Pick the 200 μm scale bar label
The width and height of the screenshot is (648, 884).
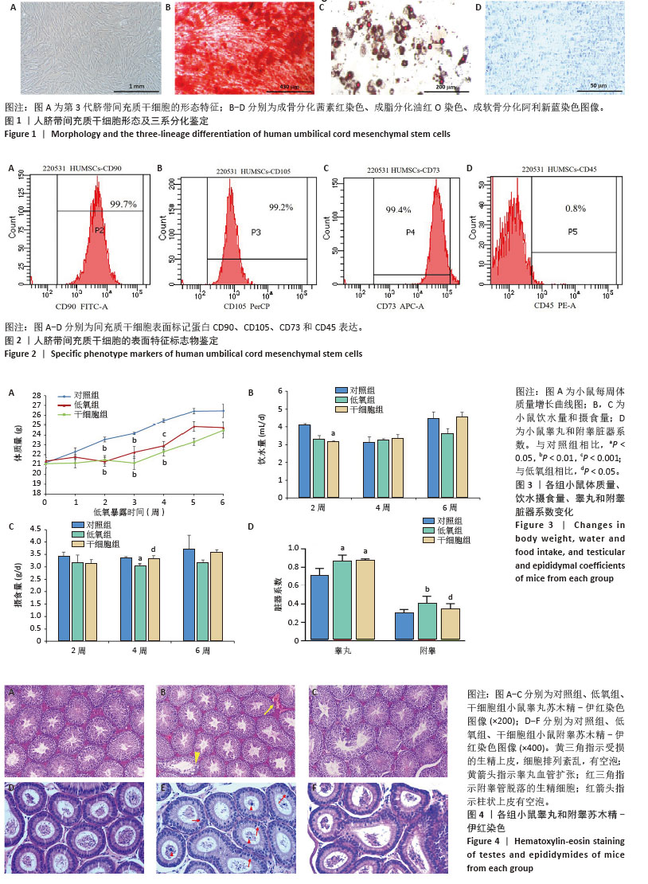(446, 87)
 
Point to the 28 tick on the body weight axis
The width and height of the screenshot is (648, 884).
(37, 396)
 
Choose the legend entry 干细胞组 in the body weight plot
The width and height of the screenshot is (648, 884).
(91, 414)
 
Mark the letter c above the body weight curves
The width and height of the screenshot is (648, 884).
(164, 435)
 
